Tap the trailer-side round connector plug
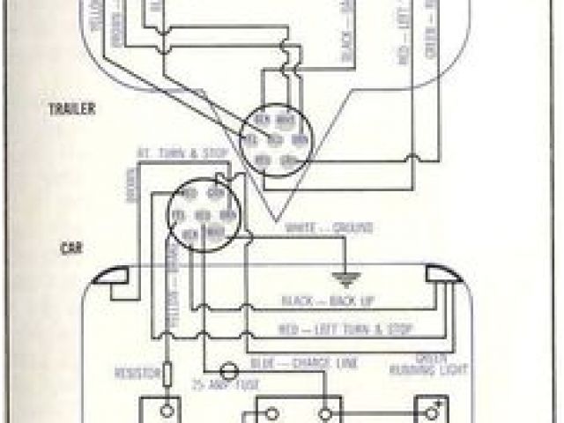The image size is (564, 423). pos(274,141)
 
